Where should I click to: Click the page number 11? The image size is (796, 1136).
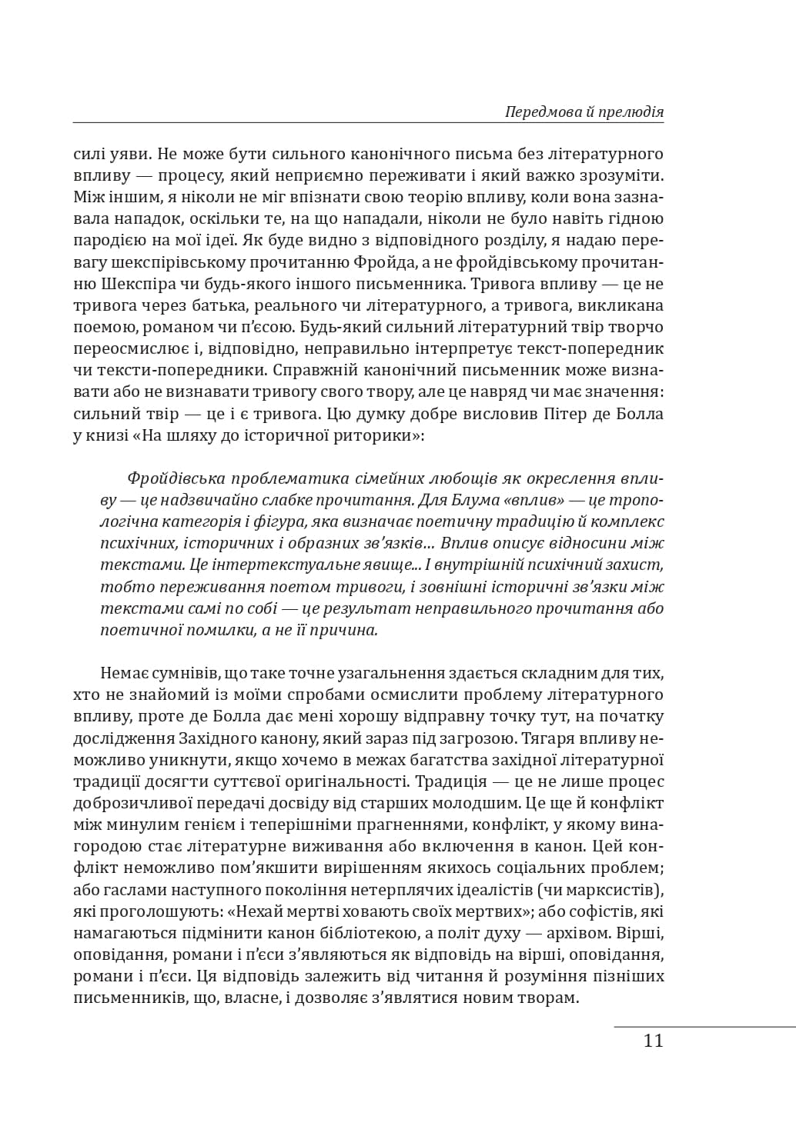coord(653,1041)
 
